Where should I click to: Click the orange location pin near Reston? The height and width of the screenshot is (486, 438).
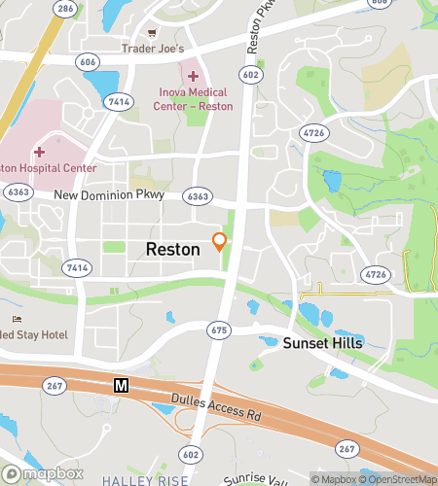click(220, 241)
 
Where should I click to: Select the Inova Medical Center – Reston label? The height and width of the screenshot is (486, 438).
click(195, 99)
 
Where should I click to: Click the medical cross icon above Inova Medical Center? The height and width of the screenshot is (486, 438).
click(193, 76)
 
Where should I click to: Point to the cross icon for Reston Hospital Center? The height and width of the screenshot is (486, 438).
click(39, 152)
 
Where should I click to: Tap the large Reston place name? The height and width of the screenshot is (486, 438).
click(173, 249)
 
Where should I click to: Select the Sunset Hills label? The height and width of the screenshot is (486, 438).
click(322, 343)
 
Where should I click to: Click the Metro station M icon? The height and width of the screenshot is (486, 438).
click(122, 386)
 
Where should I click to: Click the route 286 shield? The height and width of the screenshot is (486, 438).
click(65, 9)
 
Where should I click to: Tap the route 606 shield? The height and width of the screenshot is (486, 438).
click(89, 61)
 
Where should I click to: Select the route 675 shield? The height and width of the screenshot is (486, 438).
click(218, 331)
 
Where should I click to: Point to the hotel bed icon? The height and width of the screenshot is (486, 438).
click(16, 320)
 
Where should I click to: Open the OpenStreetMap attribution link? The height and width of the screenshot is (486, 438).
click(400, 478)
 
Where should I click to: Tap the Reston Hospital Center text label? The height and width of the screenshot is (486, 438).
click(49, 168)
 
